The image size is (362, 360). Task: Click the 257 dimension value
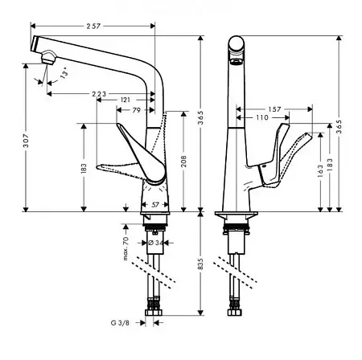[93, 26]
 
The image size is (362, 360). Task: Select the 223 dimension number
[99, 94]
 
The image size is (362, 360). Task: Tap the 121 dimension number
[125, 100]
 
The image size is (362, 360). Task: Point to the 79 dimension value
[137, 110]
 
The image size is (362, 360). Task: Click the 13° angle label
[64, 72]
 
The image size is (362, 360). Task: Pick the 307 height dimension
[26, 141]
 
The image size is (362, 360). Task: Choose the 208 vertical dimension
[184, 162]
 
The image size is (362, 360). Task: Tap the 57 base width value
[155, 205]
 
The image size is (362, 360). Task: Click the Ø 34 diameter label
[155, 243]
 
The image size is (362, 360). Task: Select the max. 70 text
[125, 248]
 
